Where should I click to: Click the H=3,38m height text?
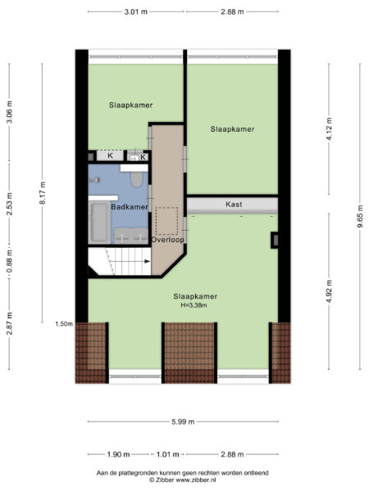click(195, 305)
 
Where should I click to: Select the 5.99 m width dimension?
click(184, 421)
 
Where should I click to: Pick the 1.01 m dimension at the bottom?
click(167, 453)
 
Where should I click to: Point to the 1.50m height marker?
click(64, 323)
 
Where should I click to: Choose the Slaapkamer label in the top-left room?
click(131, 106)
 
